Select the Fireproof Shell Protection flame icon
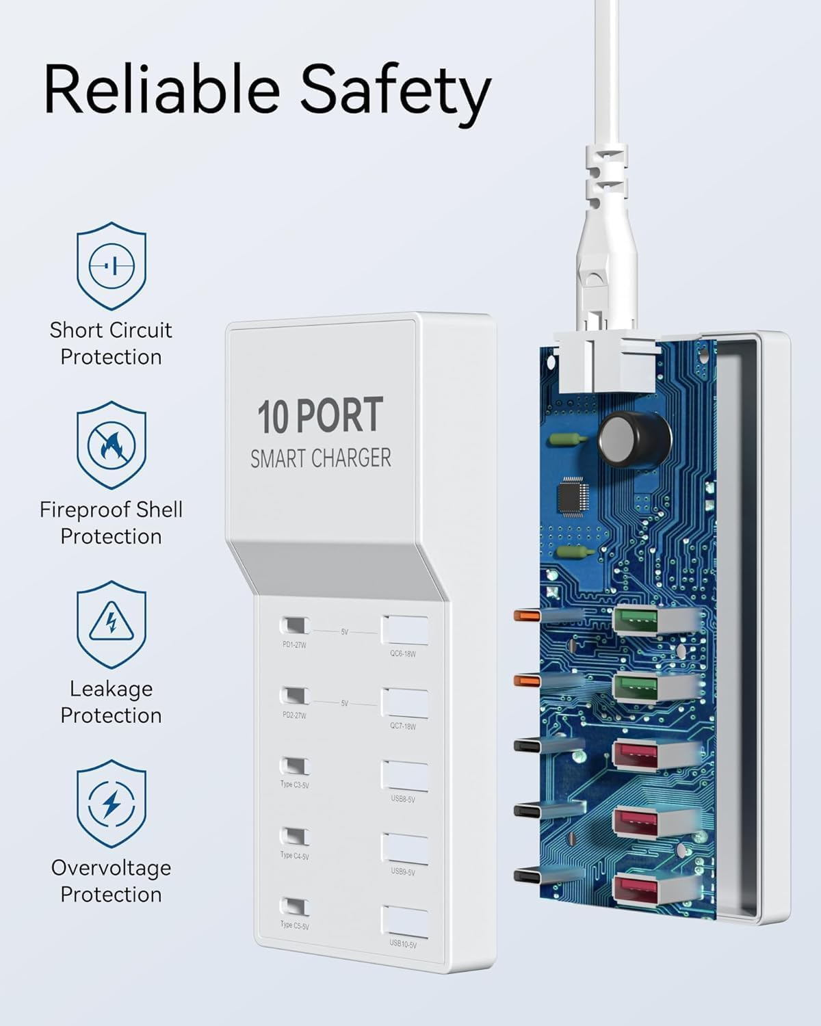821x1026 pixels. pos(111,445)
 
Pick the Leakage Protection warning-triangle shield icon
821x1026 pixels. pos(111,624)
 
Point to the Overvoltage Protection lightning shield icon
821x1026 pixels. pos(111,803)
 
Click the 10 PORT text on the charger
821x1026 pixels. pos(320,416)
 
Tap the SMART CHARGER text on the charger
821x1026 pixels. pos(320,458)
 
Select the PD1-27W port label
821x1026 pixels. pos(294,645)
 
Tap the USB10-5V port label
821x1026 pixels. pos(403,945)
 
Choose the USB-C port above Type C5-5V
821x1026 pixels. pos(294,908)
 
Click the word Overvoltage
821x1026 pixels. pos(111,868)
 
